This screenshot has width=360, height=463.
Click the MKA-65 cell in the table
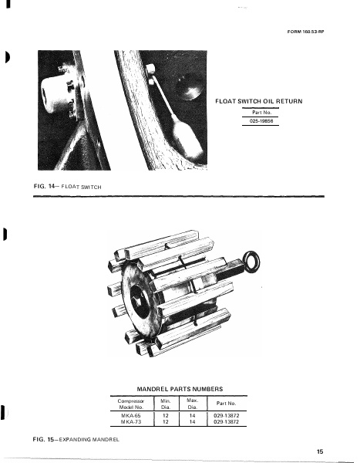coord(131,415)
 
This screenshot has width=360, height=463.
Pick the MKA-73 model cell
coord(131,423)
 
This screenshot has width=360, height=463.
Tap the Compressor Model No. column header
coord(131,404)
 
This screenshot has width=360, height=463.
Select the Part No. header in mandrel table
coord(227,404)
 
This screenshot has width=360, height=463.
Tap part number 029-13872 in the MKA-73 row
coord(227,423)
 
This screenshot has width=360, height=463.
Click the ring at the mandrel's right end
coord(251,261)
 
